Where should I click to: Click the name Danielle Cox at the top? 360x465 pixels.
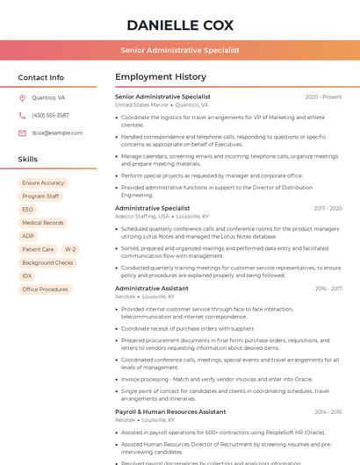pyautogui.click(x=179, y=25)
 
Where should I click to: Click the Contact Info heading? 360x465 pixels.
pyautogui.click(x=40, y=77)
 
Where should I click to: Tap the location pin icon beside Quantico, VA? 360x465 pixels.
pyautogui.click(x=22, y=97)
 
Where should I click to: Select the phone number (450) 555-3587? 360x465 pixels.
pyautogui.click(x=50, y=115)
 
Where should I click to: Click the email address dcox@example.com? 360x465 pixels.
pyautogui.click(x=57, y=132)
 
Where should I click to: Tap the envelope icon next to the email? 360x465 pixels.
pyautogui.click(x=22, y=132)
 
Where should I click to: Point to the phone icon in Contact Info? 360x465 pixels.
pyautogui.click(x=22, y=115)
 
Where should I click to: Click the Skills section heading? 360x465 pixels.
pyautogui.click(x=27, y=160)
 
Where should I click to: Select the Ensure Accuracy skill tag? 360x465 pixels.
pyautogui.click(x=43, y=183)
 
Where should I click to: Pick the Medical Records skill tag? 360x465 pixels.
pyautogui.click(x=42, y=223)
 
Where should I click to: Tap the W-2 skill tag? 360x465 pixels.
pyautogui.click(x=70, y=249)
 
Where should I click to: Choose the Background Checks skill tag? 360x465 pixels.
pyautogui.click(x=47, y=262)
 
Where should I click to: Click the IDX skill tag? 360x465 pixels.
pyautogui.click(x=27, y=275)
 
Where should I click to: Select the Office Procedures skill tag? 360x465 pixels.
pyautogui.click(x=45, y=289)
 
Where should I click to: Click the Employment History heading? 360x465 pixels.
pyautogui.click(x=160, y=77)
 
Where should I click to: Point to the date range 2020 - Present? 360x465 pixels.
pyautogui.click(x=323, y=97)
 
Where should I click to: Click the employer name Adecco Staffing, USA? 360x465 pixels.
pyautogui.click(x=141, y=216)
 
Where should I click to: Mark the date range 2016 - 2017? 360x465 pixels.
pyautogui.click(x=328, y=288)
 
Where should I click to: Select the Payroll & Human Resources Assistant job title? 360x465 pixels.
pyautogui.click(x=170, y=411)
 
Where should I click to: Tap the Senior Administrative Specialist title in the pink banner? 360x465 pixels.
pyautogui.click(x=179, y=51)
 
